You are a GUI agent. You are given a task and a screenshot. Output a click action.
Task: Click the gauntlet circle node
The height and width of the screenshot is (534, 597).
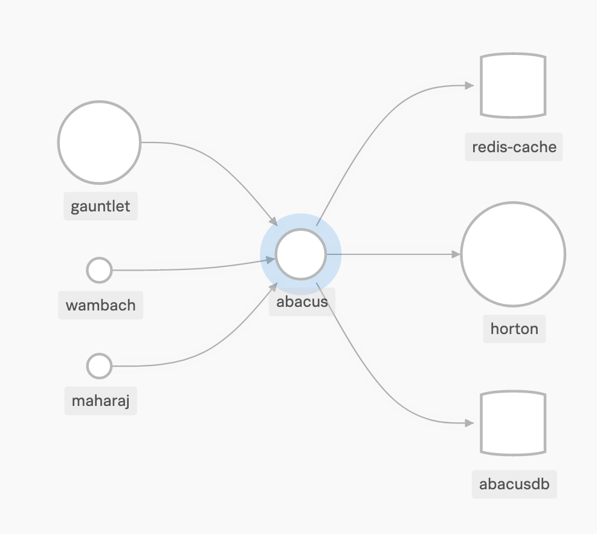(x=100, y=143)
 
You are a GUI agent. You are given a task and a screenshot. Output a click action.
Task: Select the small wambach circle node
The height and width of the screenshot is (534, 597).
(x=100, y=270)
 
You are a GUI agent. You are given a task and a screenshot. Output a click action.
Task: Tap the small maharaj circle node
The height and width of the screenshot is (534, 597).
(x=100, y=366)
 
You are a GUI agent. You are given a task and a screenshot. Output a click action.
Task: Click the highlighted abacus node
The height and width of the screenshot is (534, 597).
(x=301, y=254)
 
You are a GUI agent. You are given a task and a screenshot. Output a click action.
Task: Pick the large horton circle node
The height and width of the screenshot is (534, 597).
(x=513, y=254)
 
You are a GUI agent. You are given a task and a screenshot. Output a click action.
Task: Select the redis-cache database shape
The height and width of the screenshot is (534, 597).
(x=513, y=85)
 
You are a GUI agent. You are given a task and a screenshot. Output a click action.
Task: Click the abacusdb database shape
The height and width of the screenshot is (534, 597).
(x=513, y=423)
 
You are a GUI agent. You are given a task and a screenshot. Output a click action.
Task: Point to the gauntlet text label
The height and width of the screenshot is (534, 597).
(x=100, y=207)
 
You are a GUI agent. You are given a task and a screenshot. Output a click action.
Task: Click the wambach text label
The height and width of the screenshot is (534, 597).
(x=100, y=304)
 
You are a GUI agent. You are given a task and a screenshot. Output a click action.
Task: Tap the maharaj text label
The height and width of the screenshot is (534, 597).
(x=100, y=400)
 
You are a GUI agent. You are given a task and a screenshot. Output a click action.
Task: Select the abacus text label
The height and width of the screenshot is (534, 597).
(x=302, y=301)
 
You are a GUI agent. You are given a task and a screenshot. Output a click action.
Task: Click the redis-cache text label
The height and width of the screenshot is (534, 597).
(x=514, y=147)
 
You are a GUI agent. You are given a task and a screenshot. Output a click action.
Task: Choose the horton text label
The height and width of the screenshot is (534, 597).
(x=514, y=329)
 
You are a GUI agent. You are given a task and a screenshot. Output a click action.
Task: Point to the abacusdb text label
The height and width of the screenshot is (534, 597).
(x=514, y=484)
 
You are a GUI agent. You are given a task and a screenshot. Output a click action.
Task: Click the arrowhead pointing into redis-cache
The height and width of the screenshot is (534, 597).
(x=470, y=86)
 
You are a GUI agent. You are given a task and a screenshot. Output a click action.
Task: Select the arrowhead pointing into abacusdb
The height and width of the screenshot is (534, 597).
(x=470, y=423)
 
